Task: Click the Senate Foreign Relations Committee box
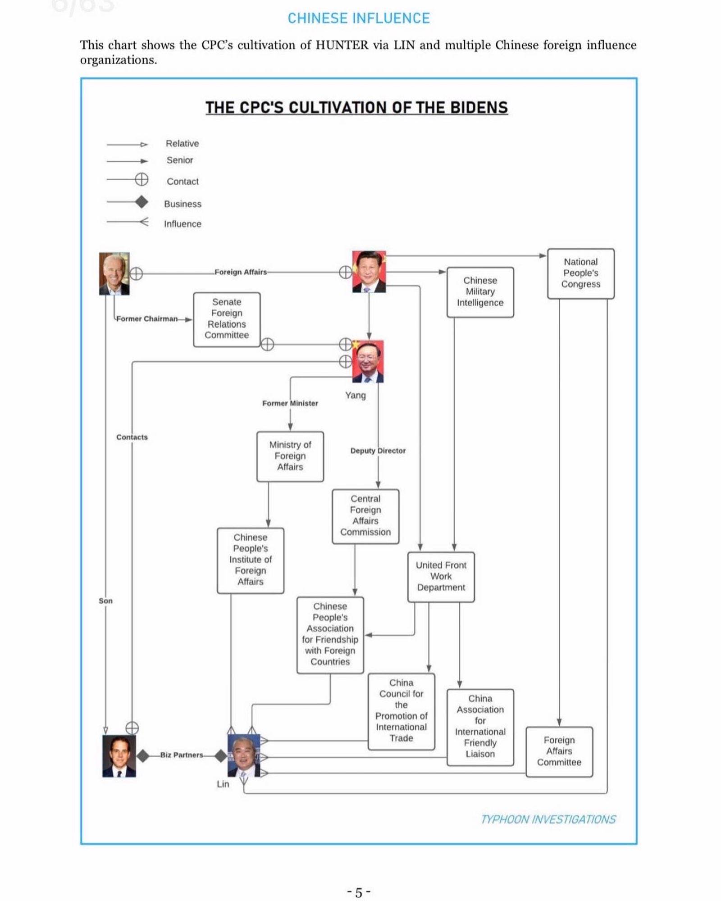point(227,319)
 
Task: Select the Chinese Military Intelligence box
point(480,292)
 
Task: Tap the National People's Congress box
point(580,273)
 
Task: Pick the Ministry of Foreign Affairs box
point(290,456)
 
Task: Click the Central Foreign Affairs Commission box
point(365,516)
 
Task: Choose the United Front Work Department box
point(441,577)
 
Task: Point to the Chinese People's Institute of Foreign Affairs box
point(250,560)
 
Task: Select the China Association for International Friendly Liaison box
point(480,727)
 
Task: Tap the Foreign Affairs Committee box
point(559,751)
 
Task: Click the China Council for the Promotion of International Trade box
point(401,711)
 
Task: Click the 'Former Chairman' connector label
point(147,319)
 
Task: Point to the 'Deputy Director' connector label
point(378,451)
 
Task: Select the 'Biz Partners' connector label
point(182,755)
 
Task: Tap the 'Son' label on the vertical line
point(105,601)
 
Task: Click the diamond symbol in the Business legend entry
point(141,202)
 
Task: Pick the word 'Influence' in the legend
point(183,224)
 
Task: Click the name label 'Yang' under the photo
point(356,396)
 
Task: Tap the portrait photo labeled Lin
point(243,755)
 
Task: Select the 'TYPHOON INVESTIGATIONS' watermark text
point(548,819)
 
